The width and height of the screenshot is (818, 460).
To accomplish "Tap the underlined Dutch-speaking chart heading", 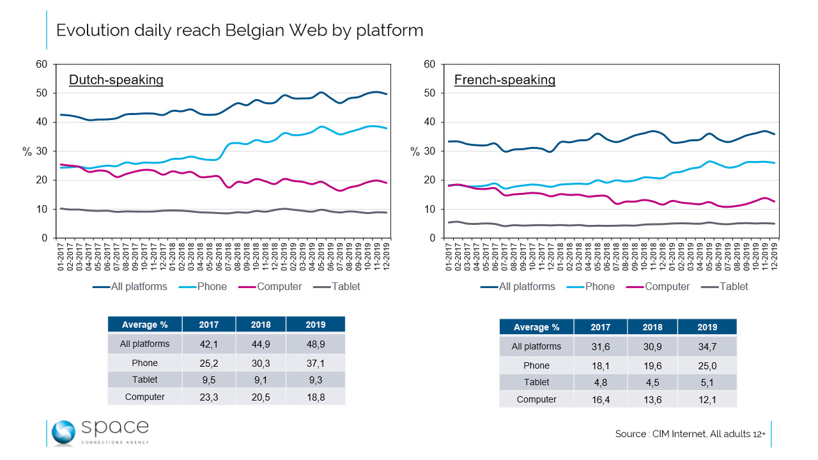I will [116, 80].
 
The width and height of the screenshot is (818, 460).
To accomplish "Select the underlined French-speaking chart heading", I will [504, 80].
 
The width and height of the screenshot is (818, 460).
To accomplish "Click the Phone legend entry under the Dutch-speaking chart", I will [212, 287].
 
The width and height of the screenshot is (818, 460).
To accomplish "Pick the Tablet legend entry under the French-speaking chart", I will [733, 287].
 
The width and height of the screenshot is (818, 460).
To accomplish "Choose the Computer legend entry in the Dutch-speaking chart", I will [279, 287].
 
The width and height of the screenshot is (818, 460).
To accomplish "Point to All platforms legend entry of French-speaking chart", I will [527, 287].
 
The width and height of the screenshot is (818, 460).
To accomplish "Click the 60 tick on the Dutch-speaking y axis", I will [42, 64].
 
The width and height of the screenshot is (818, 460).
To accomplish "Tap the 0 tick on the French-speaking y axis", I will [433, 238].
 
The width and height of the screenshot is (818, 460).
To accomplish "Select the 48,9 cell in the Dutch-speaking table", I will [315, 344].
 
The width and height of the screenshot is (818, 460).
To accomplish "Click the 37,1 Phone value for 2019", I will [315, 363].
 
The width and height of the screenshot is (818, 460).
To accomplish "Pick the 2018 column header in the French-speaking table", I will [652, 327].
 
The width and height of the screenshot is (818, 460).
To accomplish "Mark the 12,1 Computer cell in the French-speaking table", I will [707, 399].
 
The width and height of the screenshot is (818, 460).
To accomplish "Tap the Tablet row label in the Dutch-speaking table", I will [145, 379].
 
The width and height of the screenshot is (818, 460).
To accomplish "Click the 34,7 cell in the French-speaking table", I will [707, 346].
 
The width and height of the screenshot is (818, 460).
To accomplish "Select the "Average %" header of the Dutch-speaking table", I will [145, 325].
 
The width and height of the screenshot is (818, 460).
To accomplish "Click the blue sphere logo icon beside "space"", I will [63, 433].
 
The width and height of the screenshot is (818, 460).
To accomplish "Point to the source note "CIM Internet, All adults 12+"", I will [690, 434].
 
